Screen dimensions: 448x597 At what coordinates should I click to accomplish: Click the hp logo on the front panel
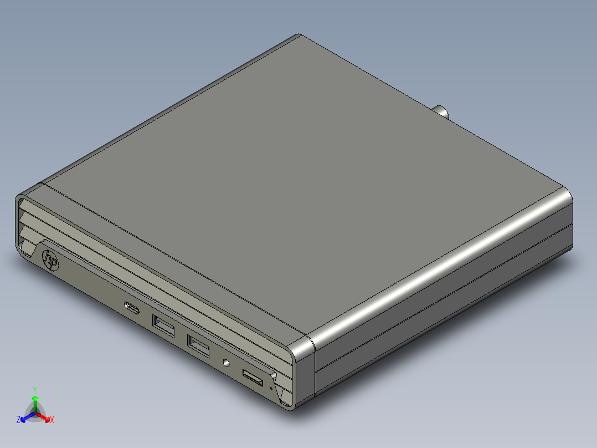pyautogui.click(x=50, y=259)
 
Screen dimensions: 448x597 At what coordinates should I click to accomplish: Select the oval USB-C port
pyautogui.click(x=132, y=307)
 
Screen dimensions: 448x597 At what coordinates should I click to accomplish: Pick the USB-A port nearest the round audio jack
pyautogui.click(x=199, y=347)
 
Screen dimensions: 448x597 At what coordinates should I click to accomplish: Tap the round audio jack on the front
pyautogui.click(x=225, y=363)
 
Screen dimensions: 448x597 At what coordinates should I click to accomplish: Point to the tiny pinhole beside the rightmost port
pyautogui.click(x=271, y=388)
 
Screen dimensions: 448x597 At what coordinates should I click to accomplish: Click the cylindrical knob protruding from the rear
pyautogui.click(x=442, y=112)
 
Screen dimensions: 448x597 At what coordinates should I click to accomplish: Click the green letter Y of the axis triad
pyautogui.click(x=35, y=390)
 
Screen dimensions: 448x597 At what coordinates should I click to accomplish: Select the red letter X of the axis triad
pyautogui.click(x=52, y=420)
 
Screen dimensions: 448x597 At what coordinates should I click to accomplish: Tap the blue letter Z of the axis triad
pyautogui.click(x=18, y=420)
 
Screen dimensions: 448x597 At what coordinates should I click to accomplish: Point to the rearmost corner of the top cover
pyautogui.click(x=300, y=35)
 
